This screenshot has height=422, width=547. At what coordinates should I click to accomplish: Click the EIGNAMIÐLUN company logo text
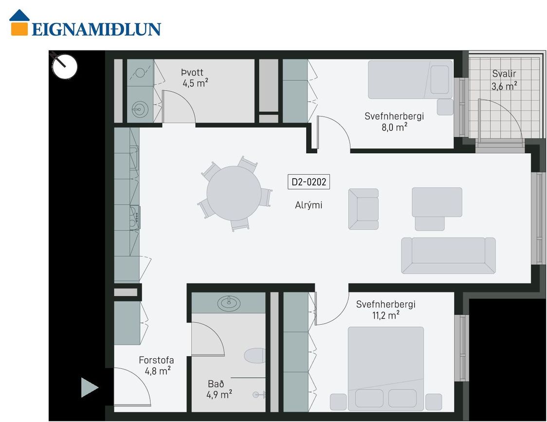[x=96, y=29]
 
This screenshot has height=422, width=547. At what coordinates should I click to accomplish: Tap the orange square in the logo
[x=19, y=29]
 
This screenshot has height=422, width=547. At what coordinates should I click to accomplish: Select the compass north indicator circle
[x=65, y=66]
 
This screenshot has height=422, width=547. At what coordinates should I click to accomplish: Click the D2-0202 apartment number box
[x=309, y=182]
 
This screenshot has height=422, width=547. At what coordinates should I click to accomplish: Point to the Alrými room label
[x=309, y=205]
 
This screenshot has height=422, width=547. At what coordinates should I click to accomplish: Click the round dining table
[x=234, y=193]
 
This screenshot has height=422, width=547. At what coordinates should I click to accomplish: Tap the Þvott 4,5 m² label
[x=195, y=78]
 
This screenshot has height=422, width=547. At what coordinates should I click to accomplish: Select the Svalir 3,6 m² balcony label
[x=504, y=80]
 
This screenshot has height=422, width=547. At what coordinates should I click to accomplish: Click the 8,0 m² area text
[x=395, y=127]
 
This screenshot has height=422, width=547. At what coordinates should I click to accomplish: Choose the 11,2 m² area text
[x=386, y=315]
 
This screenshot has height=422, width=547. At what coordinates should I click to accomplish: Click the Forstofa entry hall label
[x=156, y=360]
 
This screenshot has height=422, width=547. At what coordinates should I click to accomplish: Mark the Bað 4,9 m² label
[x=219, y=389]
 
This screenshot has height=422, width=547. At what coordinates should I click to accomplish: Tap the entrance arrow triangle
[x=90, y=387]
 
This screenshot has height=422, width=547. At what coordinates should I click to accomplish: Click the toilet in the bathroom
[x=255, y=355]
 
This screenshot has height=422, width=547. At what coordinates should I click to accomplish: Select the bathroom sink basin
[x=229, y=303]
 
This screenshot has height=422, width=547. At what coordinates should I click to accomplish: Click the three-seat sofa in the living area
[x=448, y=256]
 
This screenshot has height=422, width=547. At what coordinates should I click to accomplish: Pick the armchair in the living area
[x=363, y=209]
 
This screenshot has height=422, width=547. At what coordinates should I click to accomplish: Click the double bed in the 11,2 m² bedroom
[x=386, y=368]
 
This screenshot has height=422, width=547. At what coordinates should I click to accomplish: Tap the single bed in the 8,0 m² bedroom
[x=410, y=80]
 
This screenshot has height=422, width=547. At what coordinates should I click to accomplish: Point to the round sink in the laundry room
[x=140, y=109]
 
